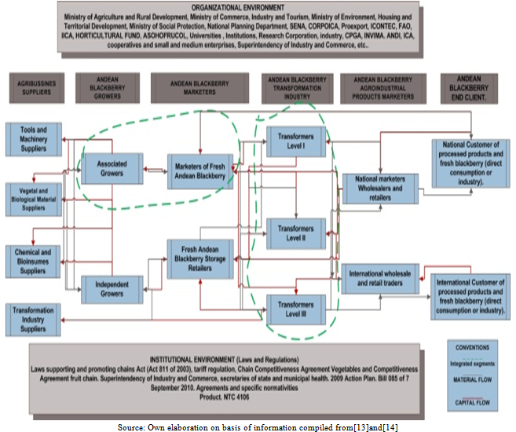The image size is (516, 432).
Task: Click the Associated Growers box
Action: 112,167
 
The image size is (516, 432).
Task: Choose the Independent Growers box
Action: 112,287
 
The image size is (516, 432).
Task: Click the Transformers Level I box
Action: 295,141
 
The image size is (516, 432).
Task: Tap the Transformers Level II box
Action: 295,232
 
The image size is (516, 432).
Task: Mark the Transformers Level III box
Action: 295,307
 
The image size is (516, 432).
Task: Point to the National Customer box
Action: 470,162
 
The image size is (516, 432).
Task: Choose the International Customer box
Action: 470,295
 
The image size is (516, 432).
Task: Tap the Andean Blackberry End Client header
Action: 470,88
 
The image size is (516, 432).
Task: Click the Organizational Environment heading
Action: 256,8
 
